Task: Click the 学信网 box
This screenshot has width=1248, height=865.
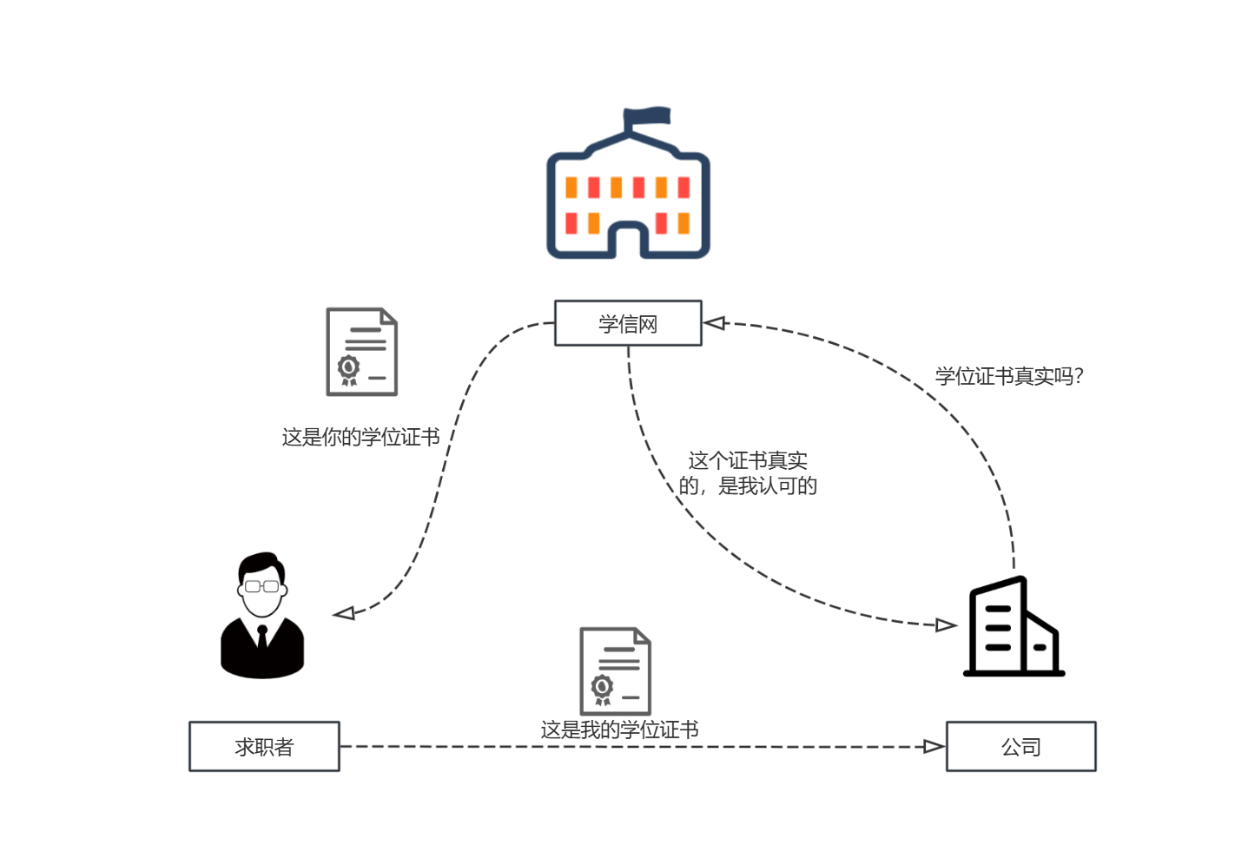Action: point(627,323)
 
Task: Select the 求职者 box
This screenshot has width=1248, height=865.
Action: point(264,746)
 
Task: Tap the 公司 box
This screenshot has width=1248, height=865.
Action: point(1020,746)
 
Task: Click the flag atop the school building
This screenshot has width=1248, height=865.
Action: point(647,116)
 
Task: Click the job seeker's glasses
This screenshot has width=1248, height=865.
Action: point(261,586)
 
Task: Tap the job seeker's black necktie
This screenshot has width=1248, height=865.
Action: point(262,639)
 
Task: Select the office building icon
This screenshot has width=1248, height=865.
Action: point(1014,626)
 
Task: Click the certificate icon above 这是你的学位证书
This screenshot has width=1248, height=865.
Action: point(361,352)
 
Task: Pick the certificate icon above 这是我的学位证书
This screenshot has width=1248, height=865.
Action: point(615,670)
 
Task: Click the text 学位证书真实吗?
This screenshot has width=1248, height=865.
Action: point(1009,376)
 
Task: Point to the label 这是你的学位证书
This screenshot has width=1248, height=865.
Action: point(360,437)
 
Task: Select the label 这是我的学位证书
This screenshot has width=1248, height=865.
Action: point(619,730)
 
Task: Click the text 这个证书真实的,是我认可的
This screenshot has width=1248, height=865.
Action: point(748,473)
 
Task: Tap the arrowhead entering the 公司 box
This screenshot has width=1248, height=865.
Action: point(934,747)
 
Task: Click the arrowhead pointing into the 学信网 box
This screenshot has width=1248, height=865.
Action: point(714,323)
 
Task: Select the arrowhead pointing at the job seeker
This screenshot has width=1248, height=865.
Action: point(345,613)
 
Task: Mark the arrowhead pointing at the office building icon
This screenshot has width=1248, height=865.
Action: point(946,624)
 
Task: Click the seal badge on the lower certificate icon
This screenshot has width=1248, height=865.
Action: point(602,687)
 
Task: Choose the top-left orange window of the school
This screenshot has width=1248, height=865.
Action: point(571,188)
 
